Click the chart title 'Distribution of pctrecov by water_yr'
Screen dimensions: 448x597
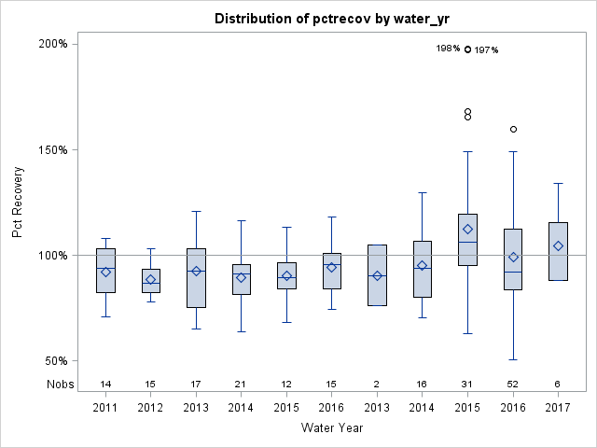(326, 19)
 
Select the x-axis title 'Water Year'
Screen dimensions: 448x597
(332, 427)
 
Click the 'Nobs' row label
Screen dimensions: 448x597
(57, 384)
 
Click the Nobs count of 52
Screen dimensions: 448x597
(513, 384)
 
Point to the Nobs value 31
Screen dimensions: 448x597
(468, 384)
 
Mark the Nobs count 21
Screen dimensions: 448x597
(242, 384)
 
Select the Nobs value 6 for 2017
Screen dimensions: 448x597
(558, 384)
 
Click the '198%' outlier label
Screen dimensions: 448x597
(448, 49)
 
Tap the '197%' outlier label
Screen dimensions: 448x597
(486, 50)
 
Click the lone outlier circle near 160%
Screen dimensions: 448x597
(513, 129)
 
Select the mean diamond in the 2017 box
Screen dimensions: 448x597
(558, 246)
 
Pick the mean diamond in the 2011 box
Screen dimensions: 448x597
(105, 272)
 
